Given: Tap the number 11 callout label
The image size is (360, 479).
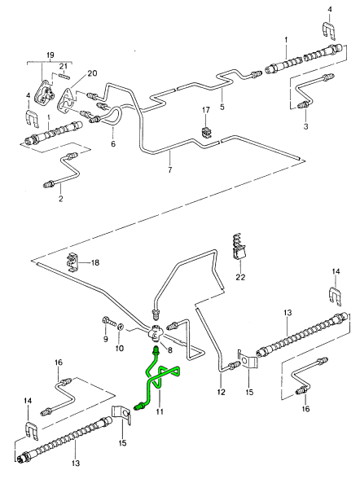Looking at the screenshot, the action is click(160, 412).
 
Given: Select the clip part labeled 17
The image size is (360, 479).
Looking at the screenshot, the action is click(206, 132).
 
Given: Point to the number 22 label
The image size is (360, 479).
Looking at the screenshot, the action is click(240, 277).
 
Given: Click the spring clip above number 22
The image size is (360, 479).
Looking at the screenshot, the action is click(238, 248).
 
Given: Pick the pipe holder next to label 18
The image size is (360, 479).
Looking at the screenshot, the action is click(73, 261).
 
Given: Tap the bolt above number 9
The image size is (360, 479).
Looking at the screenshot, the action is click(108, 321).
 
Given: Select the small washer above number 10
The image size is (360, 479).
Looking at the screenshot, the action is click(121, 327).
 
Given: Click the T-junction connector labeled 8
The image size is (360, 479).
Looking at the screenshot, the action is click(155, 334).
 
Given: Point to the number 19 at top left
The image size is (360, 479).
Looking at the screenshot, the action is click(50, 55).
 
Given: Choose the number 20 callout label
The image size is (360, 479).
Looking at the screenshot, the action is click(92, 73).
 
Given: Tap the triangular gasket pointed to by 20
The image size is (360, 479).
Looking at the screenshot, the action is click(65, 99).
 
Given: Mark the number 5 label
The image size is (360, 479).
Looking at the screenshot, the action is click(222, 107).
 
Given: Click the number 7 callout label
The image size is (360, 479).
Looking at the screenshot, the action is click(170, 169).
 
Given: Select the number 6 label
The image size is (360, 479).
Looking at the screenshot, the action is click(113, 143).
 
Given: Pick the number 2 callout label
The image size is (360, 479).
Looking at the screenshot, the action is click(61, 199).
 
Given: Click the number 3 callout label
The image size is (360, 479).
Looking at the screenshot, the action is click(305, 125).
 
